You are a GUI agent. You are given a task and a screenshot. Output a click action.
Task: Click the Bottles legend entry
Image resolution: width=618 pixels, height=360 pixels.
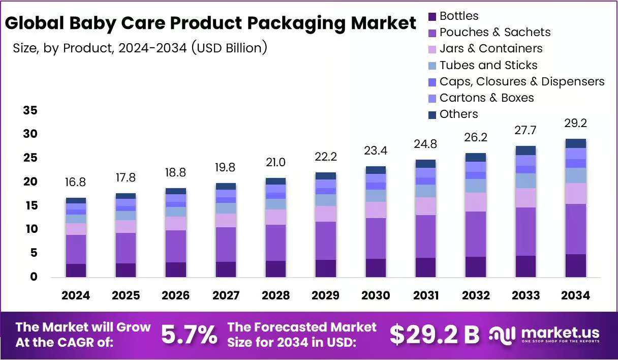coord(453,16)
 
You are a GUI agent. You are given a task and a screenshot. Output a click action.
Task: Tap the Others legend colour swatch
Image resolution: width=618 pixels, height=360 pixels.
coord(432,115)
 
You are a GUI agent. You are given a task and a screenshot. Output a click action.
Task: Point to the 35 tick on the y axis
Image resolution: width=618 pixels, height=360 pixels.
coord(30,110)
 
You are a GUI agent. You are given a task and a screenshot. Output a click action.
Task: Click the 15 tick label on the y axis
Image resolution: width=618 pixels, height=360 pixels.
coord(30,205)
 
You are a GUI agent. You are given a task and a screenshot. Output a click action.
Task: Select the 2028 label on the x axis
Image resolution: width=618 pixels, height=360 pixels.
coord(275,295)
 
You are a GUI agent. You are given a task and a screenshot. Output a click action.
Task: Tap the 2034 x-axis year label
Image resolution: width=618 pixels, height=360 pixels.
coord(575,295)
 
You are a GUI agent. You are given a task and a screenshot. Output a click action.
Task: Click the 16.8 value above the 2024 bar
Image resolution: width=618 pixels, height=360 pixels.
coord(75,182)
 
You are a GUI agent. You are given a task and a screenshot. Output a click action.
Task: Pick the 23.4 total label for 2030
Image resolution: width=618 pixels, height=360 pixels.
coord(376,151)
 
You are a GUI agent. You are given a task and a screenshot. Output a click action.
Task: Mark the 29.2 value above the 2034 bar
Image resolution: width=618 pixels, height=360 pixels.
coord(575,123)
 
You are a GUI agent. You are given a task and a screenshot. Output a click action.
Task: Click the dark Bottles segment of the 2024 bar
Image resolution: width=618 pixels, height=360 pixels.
coord(76,271)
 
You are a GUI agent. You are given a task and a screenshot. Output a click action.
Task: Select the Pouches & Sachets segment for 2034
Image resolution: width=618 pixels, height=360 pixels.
coord(576,229)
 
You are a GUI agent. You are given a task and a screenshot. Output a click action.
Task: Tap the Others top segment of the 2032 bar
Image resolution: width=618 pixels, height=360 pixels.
coord(476,157)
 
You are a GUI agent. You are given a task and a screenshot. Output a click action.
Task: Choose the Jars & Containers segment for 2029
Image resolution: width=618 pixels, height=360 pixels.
coord(326,214)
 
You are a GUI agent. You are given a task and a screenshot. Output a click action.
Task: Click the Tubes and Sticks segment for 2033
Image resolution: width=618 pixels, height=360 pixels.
coord(526,181)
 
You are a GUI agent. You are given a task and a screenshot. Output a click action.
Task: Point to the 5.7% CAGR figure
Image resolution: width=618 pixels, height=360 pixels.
coord(189,335)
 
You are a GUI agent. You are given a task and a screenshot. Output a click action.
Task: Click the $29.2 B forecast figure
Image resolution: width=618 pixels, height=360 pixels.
coord(435,335)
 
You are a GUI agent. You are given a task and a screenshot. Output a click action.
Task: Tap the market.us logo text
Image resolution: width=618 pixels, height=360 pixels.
coord(561,333)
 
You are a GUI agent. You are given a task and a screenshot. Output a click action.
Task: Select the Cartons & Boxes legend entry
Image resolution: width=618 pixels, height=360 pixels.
coord(481,98)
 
